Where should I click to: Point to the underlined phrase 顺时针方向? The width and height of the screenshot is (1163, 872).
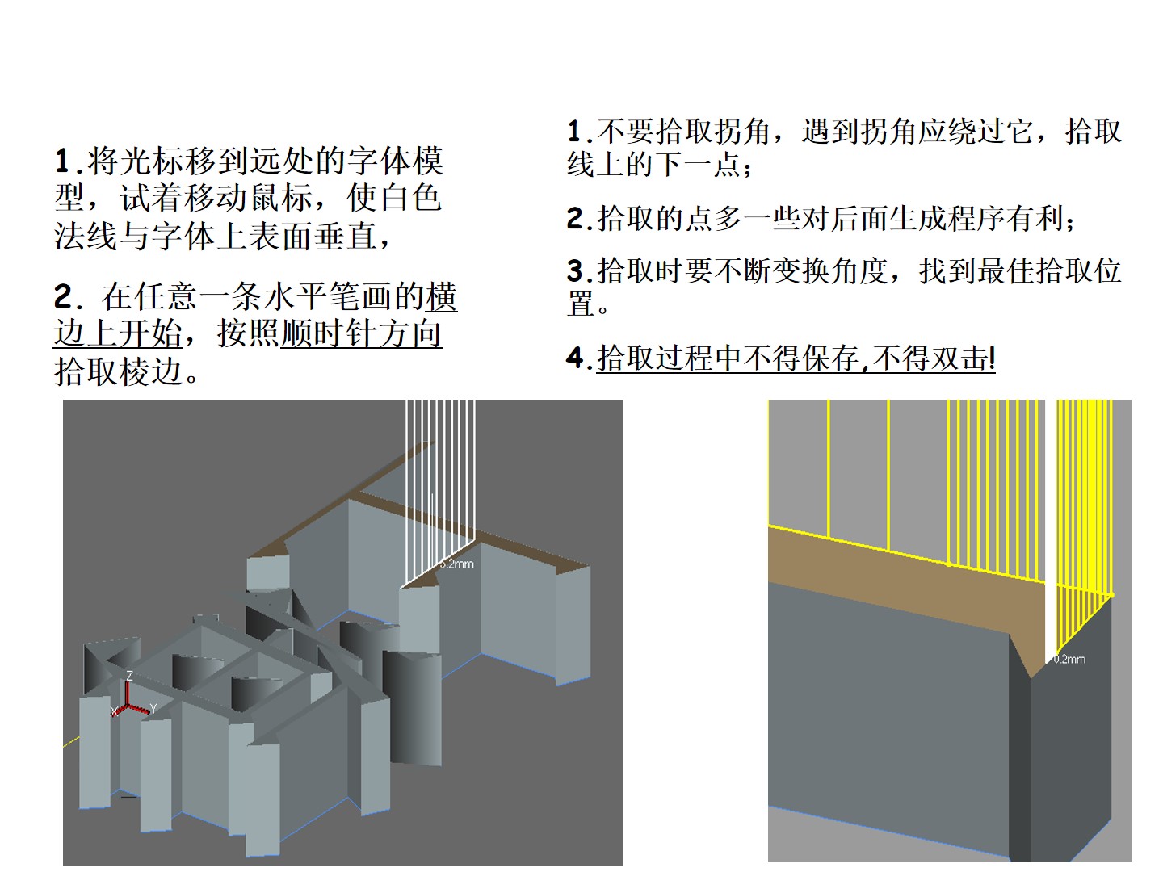pyautogui.click(x=361, y=333)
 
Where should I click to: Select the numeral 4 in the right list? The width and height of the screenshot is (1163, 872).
pyautogui.click(x=574, y=358)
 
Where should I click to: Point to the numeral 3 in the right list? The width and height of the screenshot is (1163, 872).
pyautogui.click(x=574, y=270)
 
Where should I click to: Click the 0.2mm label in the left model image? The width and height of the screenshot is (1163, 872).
pyautogui.click(x=457, y=564)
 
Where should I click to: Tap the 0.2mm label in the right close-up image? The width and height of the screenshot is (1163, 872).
pyautogui.click(x=1069, y=659)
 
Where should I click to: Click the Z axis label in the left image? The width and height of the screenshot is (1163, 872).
pyautogui.click(x=129, y=676)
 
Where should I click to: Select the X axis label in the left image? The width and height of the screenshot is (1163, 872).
pyautogui.click(x=114, y=711)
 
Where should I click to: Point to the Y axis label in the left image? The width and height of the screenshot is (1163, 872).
pyautogui.click(x=153, y=709)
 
